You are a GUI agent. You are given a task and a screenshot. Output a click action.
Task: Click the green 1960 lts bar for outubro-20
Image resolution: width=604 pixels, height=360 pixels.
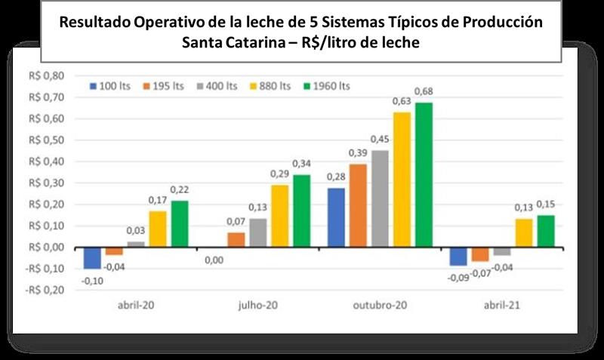[x=424, y=175]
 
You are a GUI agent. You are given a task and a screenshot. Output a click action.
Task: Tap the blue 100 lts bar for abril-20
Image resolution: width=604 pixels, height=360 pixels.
[x=92, y=257]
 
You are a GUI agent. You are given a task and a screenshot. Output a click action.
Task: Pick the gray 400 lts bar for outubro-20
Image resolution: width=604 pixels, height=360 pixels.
[x=380, y=199]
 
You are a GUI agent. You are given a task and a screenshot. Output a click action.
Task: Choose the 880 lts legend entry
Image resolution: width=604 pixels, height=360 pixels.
[x=270, y=86]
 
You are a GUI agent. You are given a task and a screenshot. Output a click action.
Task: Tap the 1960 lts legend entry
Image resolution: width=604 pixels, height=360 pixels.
[x=326, y=86]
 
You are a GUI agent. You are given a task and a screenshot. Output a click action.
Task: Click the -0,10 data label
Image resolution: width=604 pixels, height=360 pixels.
[x=90, y=280]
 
